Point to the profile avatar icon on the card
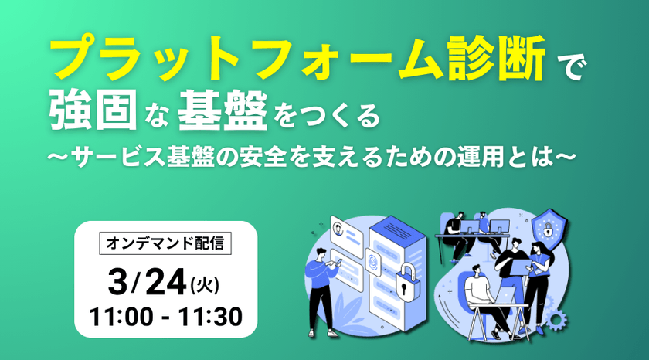[x=340, y=228]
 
